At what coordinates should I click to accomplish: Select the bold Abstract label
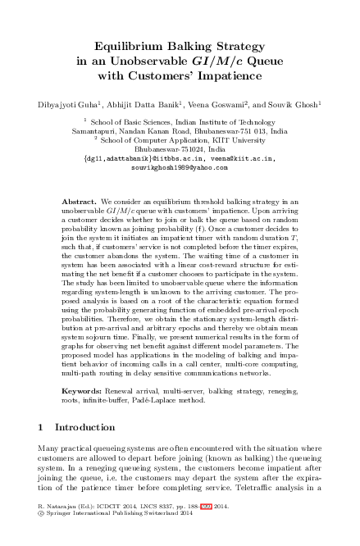(x=80, y=199)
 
